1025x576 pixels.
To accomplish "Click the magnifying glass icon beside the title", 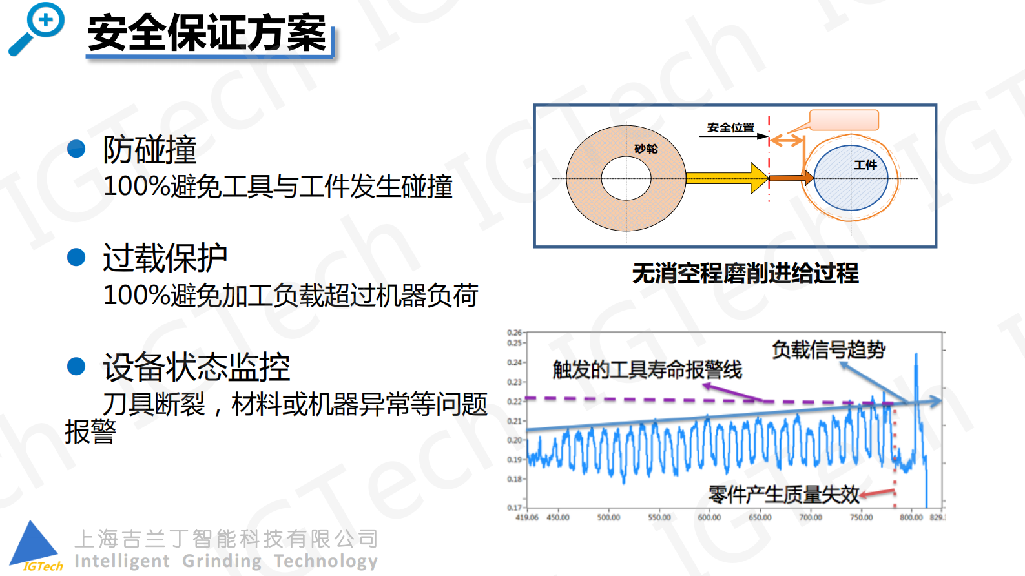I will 37,28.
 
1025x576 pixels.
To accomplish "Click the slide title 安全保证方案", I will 207,34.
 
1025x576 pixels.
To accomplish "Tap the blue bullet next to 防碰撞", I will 76,149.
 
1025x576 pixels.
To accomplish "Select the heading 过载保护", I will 165,258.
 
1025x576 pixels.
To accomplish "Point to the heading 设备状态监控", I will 196,367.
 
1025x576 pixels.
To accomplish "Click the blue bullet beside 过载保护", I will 76,258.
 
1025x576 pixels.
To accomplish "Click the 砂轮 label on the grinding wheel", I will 645,149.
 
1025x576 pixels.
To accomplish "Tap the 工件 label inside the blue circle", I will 865,165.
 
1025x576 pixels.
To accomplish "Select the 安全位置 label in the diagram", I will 730,128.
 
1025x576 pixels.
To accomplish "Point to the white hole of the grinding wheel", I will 626,178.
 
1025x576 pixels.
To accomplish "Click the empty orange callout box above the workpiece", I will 844,120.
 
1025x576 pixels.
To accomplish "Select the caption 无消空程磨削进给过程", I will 745,274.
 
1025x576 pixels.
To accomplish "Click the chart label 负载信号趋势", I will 829,349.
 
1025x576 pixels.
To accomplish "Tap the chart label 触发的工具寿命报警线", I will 647,370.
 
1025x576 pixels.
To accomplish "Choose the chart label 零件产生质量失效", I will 783,495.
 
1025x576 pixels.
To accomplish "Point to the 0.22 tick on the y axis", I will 515,401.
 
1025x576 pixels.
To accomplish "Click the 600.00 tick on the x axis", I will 709,517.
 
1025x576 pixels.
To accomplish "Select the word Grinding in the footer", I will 222,561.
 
